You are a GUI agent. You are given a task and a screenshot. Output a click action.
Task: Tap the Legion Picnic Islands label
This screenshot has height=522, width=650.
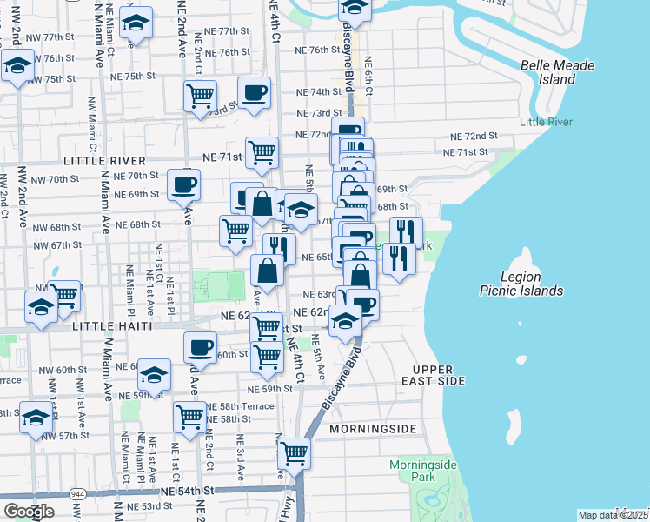(521, 284)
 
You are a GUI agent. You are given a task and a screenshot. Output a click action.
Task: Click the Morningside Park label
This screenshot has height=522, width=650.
(423, 471)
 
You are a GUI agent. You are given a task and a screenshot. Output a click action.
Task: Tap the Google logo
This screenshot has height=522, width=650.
(29, 512)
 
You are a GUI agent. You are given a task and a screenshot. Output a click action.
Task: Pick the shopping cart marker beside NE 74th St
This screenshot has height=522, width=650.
(200, 96)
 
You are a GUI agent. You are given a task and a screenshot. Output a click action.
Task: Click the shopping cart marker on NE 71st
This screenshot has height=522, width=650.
(262, 152)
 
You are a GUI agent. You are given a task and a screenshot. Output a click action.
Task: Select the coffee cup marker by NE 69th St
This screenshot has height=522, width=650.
(184, 184)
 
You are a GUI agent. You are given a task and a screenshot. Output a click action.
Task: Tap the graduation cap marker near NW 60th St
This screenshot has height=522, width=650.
(154, 375)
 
